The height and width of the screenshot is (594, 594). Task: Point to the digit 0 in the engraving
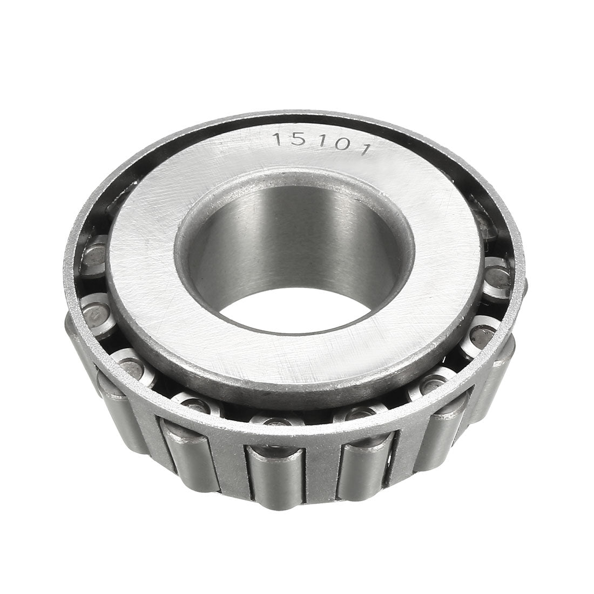(x=340, y=144)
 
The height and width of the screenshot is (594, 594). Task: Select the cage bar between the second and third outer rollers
(x=227, y=464)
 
